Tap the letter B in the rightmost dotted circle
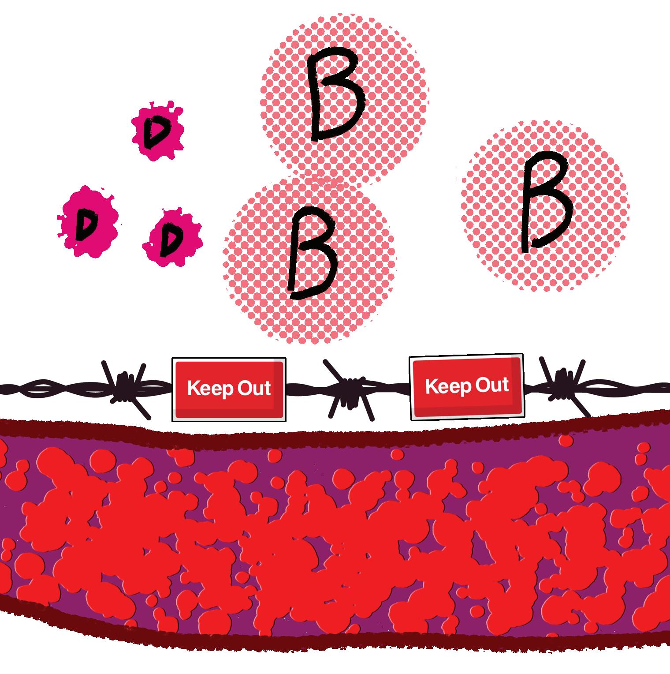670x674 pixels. pos(546,205)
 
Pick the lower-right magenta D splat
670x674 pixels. pos(172,237)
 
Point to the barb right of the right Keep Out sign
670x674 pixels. pos(562,382)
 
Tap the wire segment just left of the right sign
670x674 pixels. pos(392,388)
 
